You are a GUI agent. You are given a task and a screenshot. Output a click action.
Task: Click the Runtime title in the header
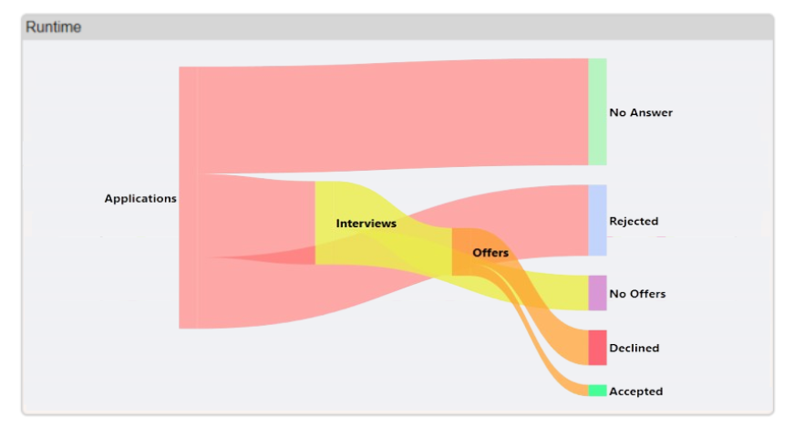coord(53,27)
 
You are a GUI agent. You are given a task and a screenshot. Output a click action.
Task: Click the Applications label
coord(140,198)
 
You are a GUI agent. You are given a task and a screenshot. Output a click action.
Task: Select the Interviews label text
coord(366,223)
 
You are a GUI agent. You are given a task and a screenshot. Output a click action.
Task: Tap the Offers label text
coord(490,252)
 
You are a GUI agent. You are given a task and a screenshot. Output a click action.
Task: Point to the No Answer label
coord(641,112)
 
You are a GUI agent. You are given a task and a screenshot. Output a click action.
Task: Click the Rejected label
coord(634,221)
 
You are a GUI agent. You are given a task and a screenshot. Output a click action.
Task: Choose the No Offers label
coord(637,293)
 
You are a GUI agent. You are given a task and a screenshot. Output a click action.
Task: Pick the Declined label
coord(634,348)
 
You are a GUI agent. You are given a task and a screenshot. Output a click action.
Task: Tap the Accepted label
coord(635,391)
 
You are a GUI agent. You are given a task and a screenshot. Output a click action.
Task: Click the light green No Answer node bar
coord(597,111)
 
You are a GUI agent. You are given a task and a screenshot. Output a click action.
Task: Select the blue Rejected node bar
coord(597,220)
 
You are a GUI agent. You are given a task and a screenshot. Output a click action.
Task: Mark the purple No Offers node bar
coord(597,293)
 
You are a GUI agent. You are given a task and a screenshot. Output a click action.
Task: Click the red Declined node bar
coord(597,347)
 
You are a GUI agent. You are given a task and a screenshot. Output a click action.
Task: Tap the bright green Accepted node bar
coord(597,391)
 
